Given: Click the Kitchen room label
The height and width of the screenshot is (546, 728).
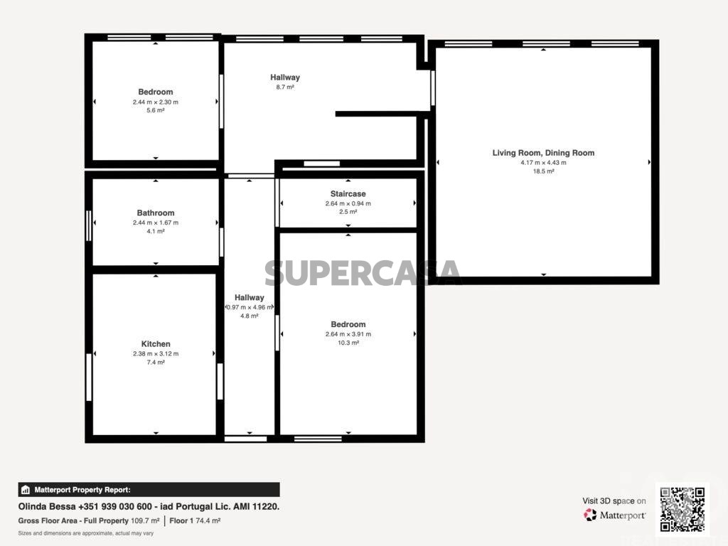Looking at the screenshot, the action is pos(156,344).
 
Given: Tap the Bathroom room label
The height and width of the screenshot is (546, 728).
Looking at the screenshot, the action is pos(156,213).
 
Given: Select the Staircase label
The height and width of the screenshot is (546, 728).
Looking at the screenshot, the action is pos(348,194).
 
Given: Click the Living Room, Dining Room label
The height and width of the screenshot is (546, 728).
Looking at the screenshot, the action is pos(543,154).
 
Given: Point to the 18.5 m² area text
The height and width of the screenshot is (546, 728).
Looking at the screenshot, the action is pos(543,171).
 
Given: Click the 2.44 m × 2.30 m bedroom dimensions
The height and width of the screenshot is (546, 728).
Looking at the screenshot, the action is pos(156,102).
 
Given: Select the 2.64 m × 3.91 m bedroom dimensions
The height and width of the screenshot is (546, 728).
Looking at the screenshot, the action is pos(348,334).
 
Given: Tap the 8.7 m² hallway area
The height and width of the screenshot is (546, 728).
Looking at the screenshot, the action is pos(285,87).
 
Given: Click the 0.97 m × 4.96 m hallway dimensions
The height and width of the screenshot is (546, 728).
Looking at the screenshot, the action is pos(250,307).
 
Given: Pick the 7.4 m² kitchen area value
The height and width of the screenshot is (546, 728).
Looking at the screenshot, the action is pos(156,362).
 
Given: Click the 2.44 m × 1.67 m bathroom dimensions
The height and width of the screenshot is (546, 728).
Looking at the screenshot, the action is pos(156,223).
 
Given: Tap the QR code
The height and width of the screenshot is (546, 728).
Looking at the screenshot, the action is pos(682,509).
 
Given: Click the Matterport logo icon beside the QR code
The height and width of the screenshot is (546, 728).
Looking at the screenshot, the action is pos(590,515).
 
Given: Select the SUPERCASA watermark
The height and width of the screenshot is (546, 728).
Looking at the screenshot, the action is pos(362,273).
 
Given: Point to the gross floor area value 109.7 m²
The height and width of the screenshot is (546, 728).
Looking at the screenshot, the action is pos(145,521).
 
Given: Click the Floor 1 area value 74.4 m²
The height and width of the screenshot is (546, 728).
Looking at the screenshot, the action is pos(208,521).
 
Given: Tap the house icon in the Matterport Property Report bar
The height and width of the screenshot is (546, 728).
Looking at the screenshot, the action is pos(26,490).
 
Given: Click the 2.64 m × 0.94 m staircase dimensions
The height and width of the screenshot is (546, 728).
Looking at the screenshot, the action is pos(348,204).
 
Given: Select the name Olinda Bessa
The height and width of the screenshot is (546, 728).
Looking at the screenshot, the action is pos(47,506).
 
